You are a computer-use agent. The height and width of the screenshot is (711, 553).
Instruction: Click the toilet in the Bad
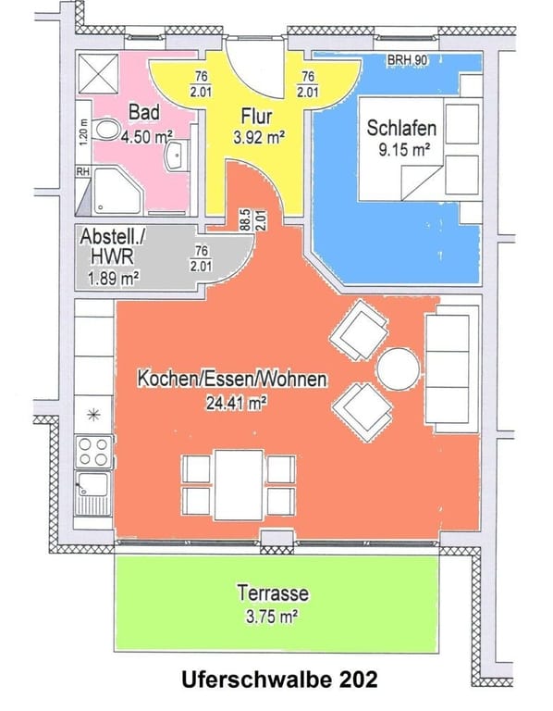tap(105, 131)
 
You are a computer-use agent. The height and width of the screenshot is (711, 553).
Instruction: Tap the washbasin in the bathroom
tap(178, 156)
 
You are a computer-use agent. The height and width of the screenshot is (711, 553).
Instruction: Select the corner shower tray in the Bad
tap(117, 191)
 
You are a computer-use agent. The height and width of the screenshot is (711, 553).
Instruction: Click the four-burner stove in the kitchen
tap(93, 452)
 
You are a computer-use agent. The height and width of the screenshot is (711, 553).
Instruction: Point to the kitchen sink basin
tap(93, 484)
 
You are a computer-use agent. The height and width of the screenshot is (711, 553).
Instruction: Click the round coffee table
tap(399, 368)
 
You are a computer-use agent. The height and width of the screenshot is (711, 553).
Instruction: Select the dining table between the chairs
tap(239, 485)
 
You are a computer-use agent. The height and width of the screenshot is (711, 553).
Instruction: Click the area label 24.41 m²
tap(236, 402)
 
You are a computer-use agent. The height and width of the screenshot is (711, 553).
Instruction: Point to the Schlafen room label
tap(401, 128)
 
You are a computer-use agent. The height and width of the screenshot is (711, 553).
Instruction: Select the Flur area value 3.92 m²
tap(259, 136)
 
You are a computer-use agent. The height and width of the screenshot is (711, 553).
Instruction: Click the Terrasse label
tap(273, 593)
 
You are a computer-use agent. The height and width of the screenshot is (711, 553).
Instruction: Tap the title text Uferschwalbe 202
tap(279, 680)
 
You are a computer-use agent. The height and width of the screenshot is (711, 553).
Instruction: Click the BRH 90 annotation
tap(407, 59)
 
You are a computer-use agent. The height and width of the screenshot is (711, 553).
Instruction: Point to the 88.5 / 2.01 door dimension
tap(252, 220)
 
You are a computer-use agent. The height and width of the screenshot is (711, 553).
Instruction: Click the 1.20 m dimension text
tap(83, 131)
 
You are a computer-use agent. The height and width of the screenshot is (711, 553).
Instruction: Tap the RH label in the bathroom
tap(83, 172)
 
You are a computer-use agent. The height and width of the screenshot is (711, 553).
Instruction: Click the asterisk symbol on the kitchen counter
tap(93, 415)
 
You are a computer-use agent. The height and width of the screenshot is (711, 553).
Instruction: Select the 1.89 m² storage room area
tap(113, 278)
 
